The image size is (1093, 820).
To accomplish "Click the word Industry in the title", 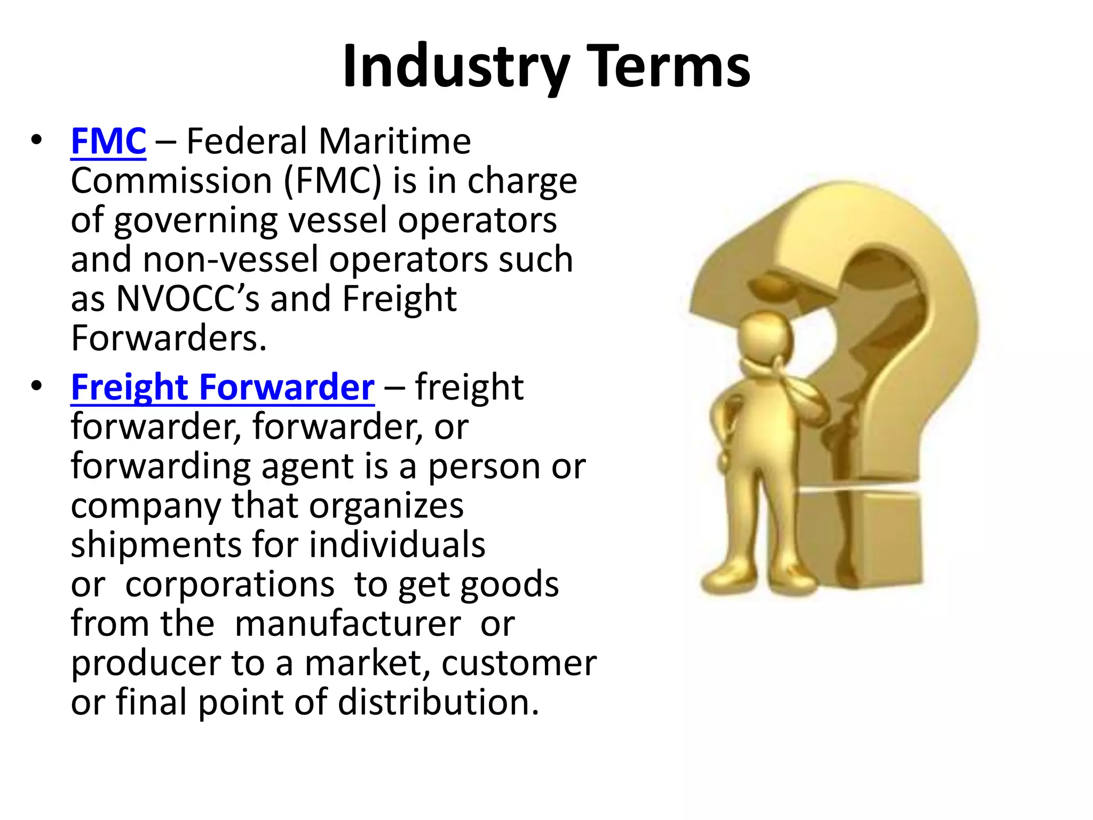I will pos(456,67).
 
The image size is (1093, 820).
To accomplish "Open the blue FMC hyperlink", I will pos(108,141).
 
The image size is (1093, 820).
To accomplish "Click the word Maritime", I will pos(394,141).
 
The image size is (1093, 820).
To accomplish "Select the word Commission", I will pos(171,181).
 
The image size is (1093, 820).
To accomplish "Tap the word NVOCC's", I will pos(187,298).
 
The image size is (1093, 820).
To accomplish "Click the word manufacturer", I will pos(347,624).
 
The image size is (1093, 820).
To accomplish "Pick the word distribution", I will pos(438,702).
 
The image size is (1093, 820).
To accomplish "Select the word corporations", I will pos(229,585).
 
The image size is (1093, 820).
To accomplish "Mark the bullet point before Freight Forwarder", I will pos(36,386).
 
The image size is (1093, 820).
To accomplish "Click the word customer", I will pos(519,664).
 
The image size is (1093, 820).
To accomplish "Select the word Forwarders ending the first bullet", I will pos(169,338).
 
